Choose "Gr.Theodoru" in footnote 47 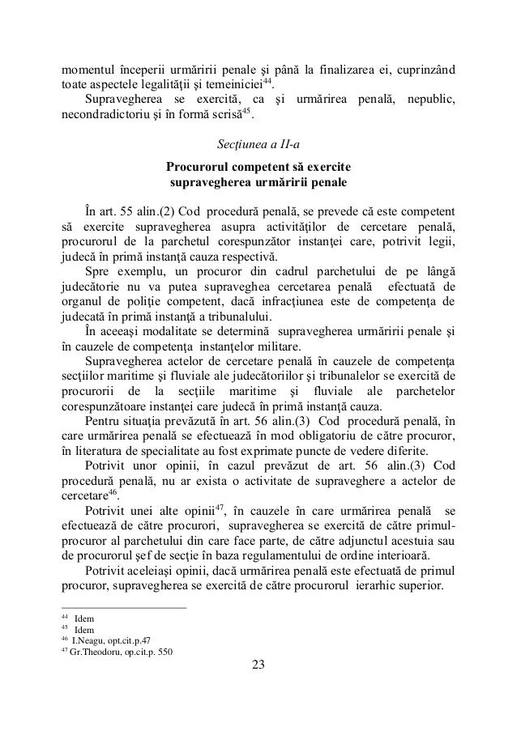[x=96, y=652]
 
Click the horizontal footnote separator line [x=124, y=608]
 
